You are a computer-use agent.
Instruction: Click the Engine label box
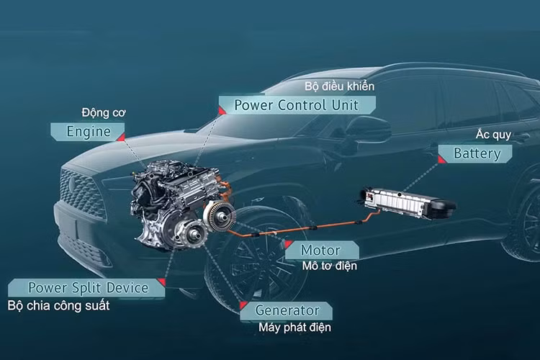point(87,132)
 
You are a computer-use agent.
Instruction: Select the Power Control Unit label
point(297,105)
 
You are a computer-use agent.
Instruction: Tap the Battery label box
point(475,153)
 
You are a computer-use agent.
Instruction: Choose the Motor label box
point(322,250)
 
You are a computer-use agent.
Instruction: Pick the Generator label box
point(286,311)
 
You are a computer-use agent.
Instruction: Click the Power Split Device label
point(86,288)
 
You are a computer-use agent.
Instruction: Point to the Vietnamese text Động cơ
point(104,112)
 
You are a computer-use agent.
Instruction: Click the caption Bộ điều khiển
point(339,86)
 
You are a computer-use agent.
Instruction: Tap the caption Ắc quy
point(493,135)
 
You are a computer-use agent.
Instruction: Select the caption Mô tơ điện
point(330,266)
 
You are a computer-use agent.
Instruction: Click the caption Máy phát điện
point(294,327)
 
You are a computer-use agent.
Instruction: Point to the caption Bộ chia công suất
point(58,305)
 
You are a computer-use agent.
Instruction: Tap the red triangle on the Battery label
point(441,160)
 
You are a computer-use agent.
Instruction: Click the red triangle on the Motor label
point(288,244)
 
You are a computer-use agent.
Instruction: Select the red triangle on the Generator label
point(243,305)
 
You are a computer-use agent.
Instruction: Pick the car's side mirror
point(368,128)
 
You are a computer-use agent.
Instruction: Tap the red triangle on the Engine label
point(121,138)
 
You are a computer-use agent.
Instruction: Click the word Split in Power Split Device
point(87,288)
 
